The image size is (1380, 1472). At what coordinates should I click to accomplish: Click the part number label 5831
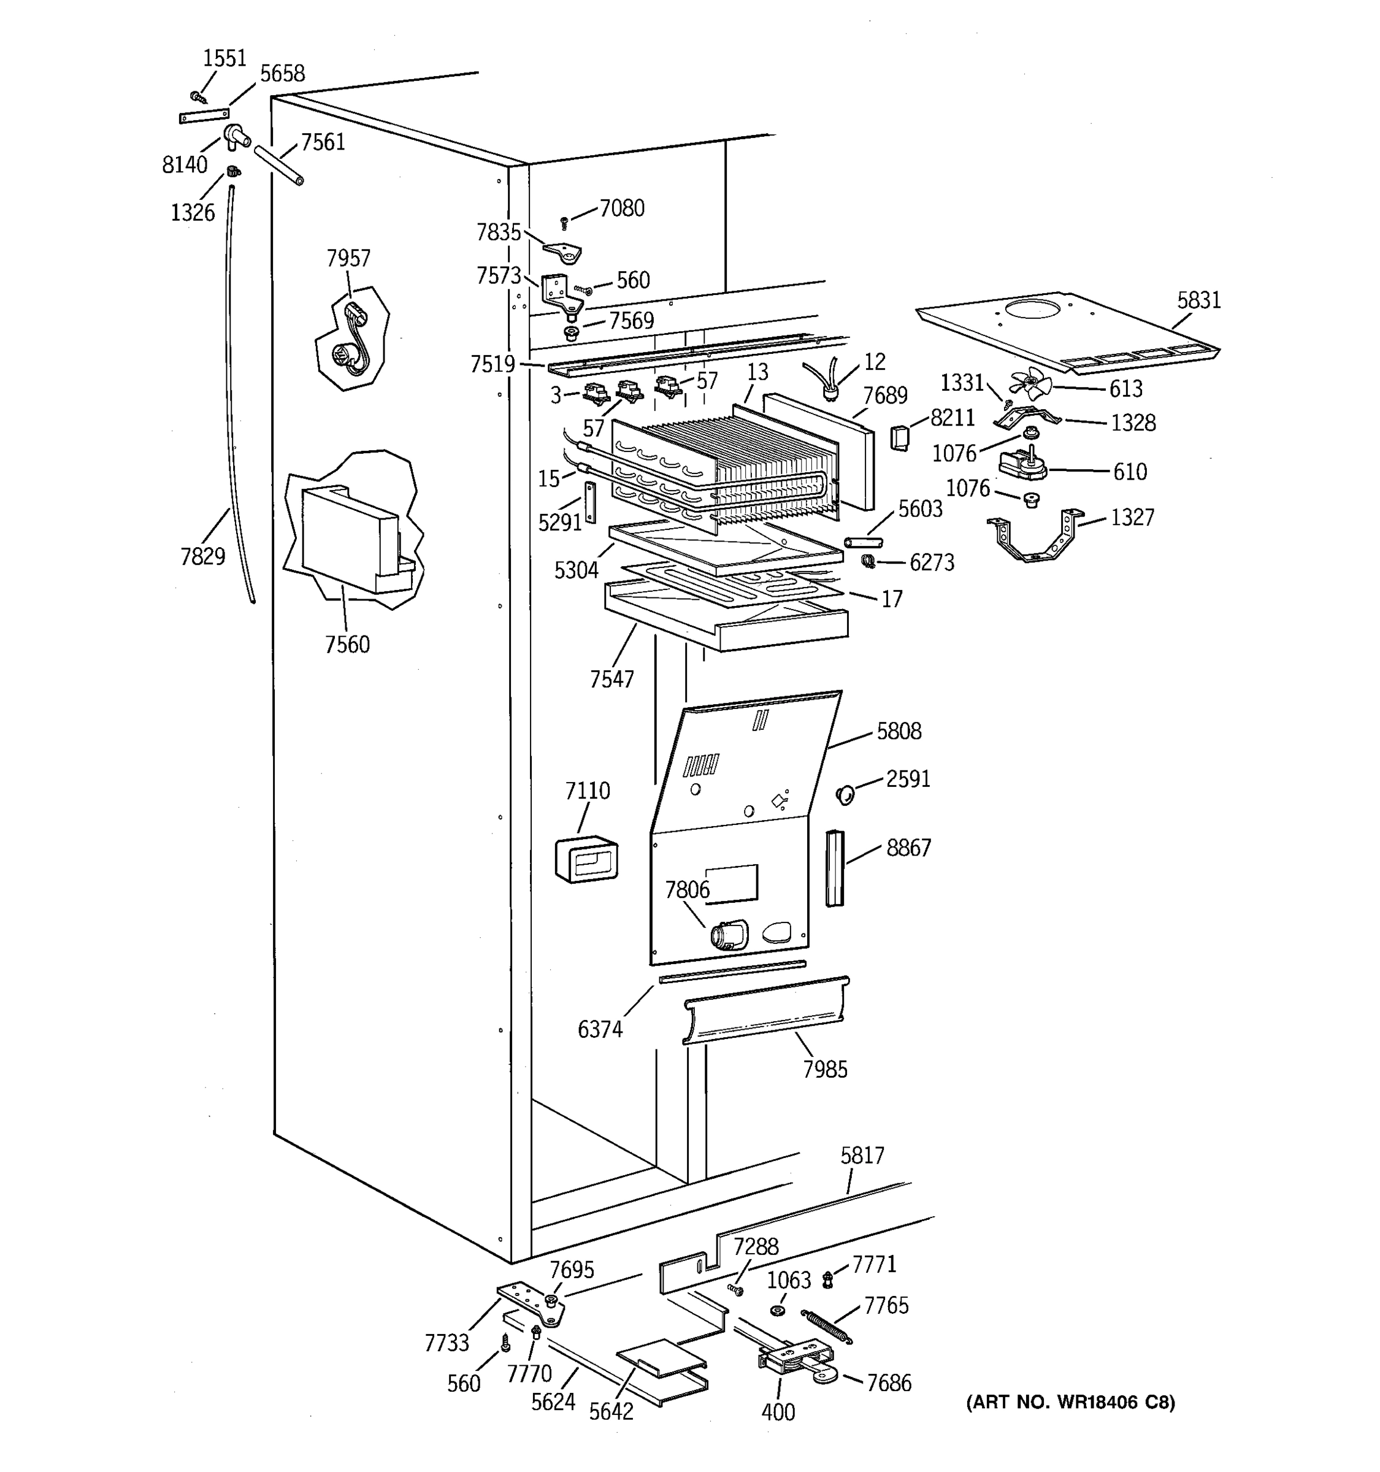point(1198,301)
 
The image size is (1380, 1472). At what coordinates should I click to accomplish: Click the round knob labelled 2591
point(845,795)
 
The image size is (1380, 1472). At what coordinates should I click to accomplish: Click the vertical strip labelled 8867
point(834,868)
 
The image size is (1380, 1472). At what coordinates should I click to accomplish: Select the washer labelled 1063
point(777,1311)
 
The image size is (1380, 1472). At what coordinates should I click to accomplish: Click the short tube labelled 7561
point(278,165)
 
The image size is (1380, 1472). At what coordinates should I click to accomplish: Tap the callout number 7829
point(202,556)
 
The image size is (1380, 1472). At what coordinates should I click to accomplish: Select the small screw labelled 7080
point(564,222)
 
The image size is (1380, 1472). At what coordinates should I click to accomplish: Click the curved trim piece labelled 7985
point(765,1011)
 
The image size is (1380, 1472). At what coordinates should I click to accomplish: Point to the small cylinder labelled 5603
point(862,543)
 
